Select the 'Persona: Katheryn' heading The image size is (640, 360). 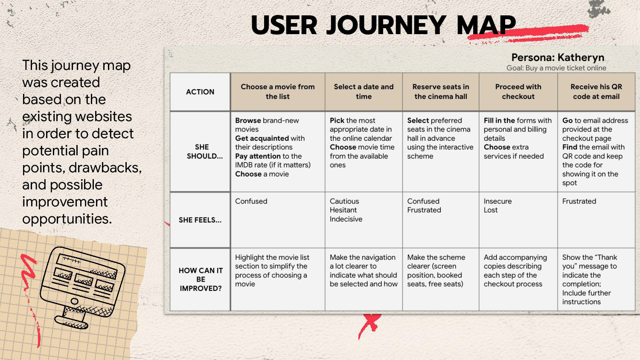point(558,58)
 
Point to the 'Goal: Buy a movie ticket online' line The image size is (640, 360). point(556,68)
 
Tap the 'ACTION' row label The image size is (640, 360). point(200,92)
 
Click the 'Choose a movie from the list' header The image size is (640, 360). point(277,92)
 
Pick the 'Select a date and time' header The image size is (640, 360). point(364,92)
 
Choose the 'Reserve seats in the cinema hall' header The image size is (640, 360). point(440,92)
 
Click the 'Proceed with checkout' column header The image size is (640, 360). point(518,92)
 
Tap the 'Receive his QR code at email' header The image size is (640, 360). point(596,92)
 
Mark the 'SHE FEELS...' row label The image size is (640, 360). point(200,220)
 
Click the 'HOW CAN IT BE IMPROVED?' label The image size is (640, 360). point(201,279)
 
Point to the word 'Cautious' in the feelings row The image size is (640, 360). point(344,201)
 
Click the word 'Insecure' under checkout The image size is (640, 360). point(497,201)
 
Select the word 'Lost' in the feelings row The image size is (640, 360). point(491,210)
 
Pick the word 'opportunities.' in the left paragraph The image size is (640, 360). point(67,219)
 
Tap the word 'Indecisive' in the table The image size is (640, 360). point(346,219)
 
